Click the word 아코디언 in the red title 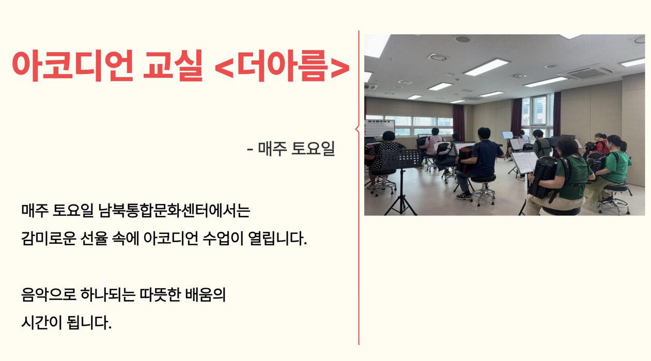(x=72, y=66)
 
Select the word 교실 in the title (x=173, y=66)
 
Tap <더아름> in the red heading (x=282, y=66)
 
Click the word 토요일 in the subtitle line (x=313, y=148)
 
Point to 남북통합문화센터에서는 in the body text (x=174, y=210)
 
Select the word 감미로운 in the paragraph (x=49, y=238)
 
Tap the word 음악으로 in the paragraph (x=49, y=294)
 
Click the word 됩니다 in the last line (x=89, y=322)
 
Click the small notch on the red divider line (x=357, y=129)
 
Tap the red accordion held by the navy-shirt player (x=465, y=159)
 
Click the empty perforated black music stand (x=401, y=159)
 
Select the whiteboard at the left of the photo (x=380, y=128)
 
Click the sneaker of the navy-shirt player (x=463, y=196)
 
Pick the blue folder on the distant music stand (x=507, y=135)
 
